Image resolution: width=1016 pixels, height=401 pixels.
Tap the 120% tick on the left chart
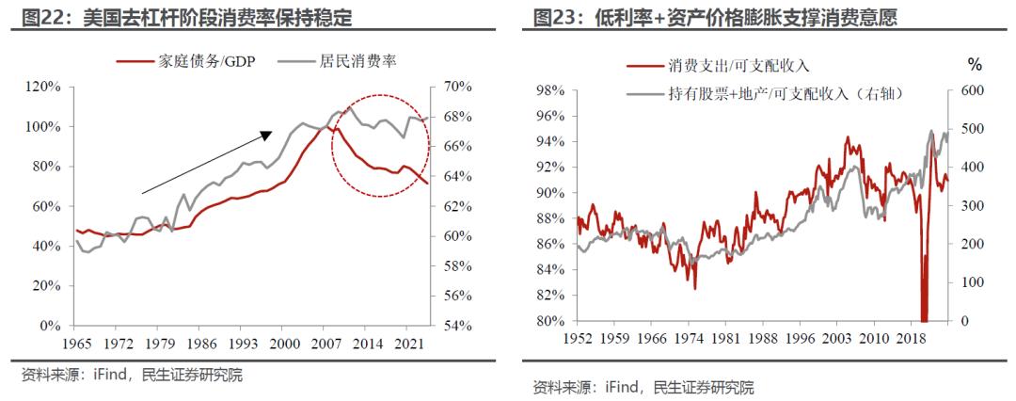pos(43,87)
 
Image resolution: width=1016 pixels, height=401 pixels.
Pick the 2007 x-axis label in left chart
pos(326,344)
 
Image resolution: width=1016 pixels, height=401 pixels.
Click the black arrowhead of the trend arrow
pos(267,136)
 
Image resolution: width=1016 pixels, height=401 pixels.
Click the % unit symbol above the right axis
pos(975,65)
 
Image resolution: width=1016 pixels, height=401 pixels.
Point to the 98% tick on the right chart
pos(548,90)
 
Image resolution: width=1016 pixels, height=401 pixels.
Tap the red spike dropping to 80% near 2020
pos(924,301)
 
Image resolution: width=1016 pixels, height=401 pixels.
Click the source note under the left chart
pos(132,375)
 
